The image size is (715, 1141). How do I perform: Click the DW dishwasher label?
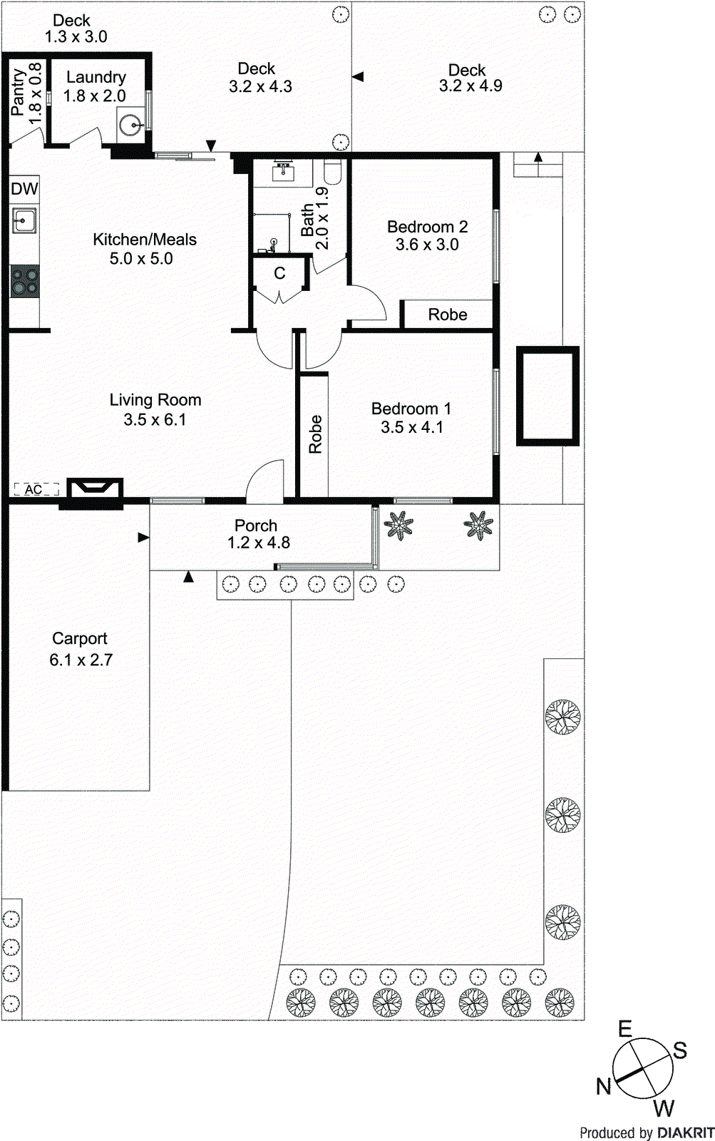(x=24, y=189)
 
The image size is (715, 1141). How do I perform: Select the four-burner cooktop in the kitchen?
(x=25, y=280)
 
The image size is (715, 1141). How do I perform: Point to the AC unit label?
(x=34, y=489)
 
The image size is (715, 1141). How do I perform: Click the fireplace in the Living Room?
(x=94, y=488)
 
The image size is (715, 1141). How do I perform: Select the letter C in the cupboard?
(x=279, y=273)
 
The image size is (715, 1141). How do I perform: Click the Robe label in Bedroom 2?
(x=448, y=314)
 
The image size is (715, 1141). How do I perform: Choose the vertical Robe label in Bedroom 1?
(x=315, y=434)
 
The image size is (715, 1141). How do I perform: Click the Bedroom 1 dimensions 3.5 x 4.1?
(x=411, y=427)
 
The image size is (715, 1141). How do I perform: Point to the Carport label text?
(x=80, y=639)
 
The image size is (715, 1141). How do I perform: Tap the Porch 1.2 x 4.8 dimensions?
(x=258, y=543)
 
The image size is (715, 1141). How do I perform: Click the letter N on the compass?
(x=604, y=1087)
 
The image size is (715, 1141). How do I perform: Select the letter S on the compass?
(x=680, y=1050)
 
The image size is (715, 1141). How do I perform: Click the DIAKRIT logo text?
(x=685, y=1132)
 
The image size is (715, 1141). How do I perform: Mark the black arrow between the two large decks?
(x=358, y=76)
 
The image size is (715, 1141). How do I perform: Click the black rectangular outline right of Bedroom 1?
(x=547, y=396)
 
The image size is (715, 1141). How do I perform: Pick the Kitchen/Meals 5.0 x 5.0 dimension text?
(x=141, y=259)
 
